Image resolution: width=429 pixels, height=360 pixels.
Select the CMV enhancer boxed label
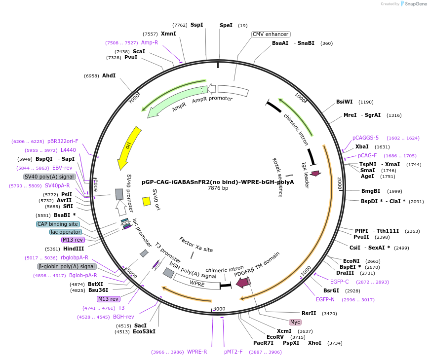click(271, 34)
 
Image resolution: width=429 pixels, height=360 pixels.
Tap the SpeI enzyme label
click(226, 25)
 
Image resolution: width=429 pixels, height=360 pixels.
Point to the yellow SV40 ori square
click(147, 201)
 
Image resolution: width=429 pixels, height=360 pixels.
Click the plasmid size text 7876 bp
click(218, 188)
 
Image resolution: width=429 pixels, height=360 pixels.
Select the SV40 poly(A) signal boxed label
click(49, 177)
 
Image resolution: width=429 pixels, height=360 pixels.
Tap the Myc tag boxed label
click(295, 322)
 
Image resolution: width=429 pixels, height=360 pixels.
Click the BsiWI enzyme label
click(344, 102)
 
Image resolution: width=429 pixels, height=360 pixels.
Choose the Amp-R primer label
click(150, 42)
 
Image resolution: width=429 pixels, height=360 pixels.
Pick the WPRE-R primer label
click(197, 352)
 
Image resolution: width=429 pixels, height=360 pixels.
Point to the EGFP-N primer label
click(325, 299)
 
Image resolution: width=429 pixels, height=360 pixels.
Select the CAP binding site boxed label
click(58, 224)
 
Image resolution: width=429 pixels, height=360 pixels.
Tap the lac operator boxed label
click(65, 232)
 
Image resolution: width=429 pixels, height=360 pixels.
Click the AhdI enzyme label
click(109, 75)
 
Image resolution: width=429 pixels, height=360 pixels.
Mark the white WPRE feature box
click(197, 284)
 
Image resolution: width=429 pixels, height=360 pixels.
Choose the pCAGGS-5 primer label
click(365, 138)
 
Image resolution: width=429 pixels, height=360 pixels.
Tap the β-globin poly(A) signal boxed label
click(66, 266)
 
